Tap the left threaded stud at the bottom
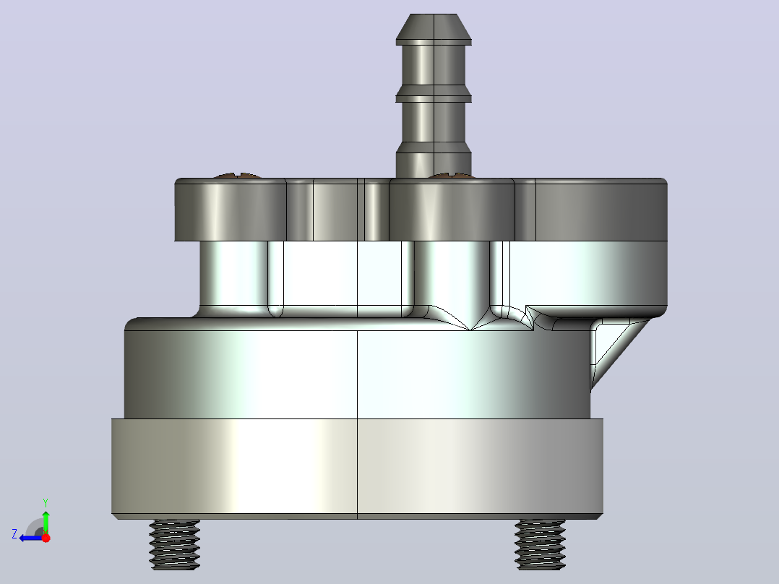[x=174, y=544]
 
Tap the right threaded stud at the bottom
[x=540, y=544]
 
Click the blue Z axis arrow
[x=31, y=538]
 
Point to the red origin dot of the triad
[x=46, y=538]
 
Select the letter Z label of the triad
[x=14, y=534]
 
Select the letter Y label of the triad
[x=46, y=502]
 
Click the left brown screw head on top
[x=237, y=176]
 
